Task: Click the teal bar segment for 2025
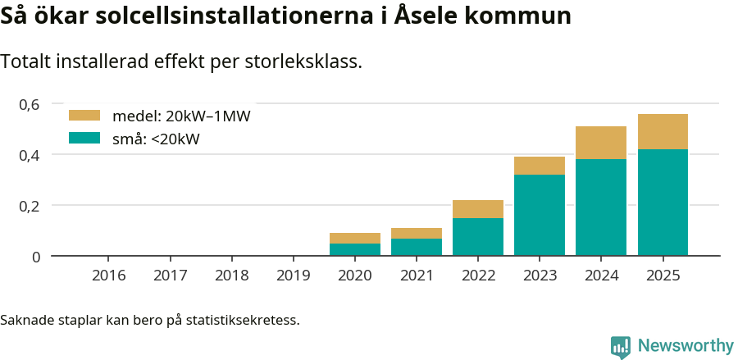click(x=663, y=203)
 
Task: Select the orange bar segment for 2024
click(x=601, y=143)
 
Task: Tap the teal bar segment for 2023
click(x=540, y=215)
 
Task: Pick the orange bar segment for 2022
click(x=478, y=209)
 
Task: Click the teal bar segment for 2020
click(x=355, y=249)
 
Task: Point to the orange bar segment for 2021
click(x=417, y=233)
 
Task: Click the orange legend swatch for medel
click(x=84, y=116)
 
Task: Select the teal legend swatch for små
click(x=84, y=139)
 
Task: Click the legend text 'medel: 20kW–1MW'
click(x=181, y=116)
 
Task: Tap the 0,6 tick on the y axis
click(x=30, y=104)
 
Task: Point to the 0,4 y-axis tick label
click(x=30, y=155)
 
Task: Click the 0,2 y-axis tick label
click(x=30, y=206)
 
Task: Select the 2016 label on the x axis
click(x=109, y=275)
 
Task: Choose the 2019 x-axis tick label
click(x=294, y=275)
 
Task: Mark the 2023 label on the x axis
click(x=540, y=275)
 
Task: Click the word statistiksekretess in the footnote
click(x=242, y=319)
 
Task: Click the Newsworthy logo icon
click(x=621, y=346)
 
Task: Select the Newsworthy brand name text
click(x=686, y=346)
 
